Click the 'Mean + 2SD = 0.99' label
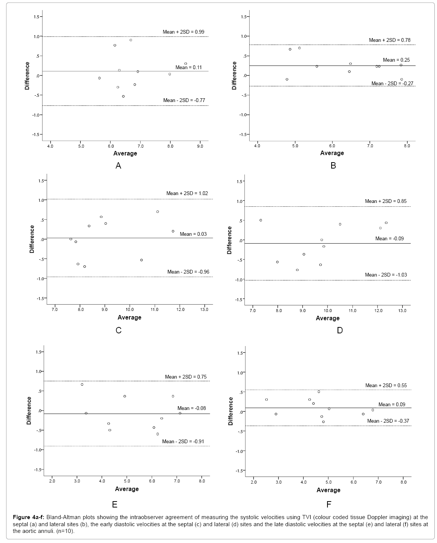click(183, 32)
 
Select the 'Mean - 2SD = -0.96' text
click(187, 272)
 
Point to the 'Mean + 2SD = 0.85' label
click(385, 201)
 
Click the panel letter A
click(119, 166)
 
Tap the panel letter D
click(339, 330)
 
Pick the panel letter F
click(329, 505)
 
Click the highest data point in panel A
click(131, 40)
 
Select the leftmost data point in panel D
click(261, 220)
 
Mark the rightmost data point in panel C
click(173, 231)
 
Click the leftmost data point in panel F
click(267, 399)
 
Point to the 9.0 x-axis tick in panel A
click(200, 146)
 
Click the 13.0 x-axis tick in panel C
click(204, 309)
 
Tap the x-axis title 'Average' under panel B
click(332, 153)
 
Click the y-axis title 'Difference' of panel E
click(29, 410)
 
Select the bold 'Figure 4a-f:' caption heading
click(28, 517)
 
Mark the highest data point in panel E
click(82, 384)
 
